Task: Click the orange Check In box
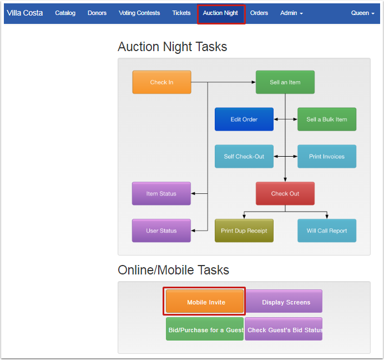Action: pyautogui.click(x=161, y=82)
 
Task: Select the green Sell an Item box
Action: pyautogui.click(x=285, y=82)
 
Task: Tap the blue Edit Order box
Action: pyautogui.click(x=244, y=119)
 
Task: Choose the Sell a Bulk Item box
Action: pyautogui.click(x=327, y=119)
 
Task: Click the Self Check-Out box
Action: pyautogui.click(x=244, y=157)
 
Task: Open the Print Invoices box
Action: pyautogui.click(x=327, y=157)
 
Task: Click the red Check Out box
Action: pyautogui.click(x=285, y=193)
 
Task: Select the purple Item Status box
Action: pyautogui.click(x=161, y=193)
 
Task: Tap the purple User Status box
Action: pyautogui.click(x=161, y=231)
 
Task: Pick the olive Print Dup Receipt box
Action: pyautogui.click(x=244, y=231)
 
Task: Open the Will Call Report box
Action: pyautogui.click(x=327, y=231)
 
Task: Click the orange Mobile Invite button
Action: pyautogui.click(x=206, y=302)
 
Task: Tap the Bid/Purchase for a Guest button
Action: pyautogui.click(x=205, y=329)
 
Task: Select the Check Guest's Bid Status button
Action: pyautogui.click(x=285, y=329)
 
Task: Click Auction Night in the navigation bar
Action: pyautogui.click(x=220, y=13)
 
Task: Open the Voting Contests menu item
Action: pyautogui.click(x=139, y=13)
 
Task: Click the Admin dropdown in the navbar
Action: pyautogui.click(x=291, y=13)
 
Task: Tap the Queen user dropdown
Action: pyautogui.click(x=363, y=13)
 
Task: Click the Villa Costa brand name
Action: pyautogui.click(x=25, y=13)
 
